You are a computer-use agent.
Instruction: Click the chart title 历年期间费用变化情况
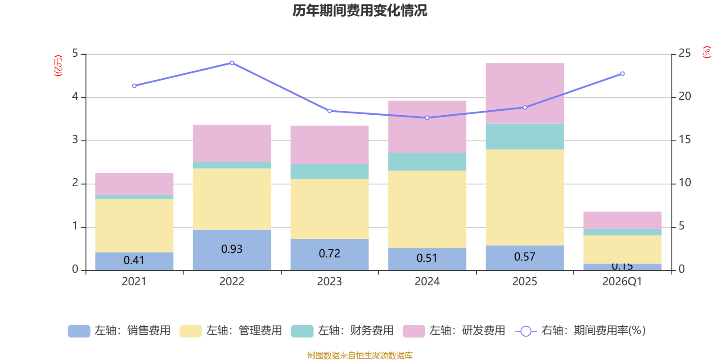coord(360,10)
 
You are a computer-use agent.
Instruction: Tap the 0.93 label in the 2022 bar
coord(232,249)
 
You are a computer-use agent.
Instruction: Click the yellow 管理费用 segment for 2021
coord(134,225)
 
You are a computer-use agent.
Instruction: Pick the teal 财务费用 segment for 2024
coord(427,162)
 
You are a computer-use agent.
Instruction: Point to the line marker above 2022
coord(232,63)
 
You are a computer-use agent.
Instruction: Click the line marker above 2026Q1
coord(622,73)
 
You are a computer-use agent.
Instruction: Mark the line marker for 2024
coord(427,118)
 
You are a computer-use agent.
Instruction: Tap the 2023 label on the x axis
coord(329,282)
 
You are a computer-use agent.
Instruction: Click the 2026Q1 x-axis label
coord(622,282)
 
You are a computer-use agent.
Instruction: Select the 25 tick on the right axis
coord(684,53)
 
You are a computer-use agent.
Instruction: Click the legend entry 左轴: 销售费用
coord(119,331)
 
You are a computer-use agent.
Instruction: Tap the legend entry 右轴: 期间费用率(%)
coord(580,331)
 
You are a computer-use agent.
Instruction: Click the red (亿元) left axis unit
coord(58,66)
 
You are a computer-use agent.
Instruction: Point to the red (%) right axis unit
coord(707,52)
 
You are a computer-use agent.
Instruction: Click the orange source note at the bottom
coord(360,355)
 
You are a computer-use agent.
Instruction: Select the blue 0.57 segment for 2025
coord(525,257)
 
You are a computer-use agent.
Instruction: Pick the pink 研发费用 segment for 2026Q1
coord(622,220)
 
